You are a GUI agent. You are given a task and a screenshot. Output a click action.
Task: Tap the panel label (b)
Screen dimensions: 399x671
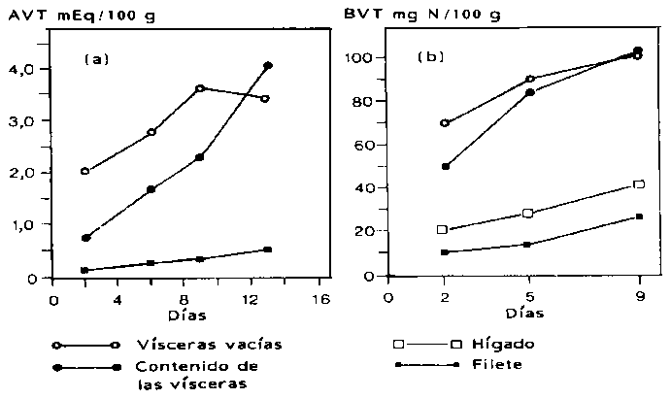coord(430,57)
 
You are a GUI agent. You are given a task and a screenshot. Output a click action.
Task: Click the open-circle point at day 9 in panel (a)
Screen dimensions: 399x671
coord(199,88)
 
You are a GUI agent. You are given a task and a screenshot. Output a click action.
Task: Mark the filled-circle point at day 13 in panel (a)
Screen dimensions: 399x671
coord(268,65)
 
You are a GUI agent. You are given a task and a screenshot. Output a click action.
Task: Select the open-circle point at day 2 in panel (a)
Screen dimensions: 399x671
coord(85,171)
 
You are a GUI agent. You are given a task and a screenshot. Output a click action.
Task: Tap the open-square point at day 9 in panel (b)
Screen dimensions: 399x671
coord(638,184)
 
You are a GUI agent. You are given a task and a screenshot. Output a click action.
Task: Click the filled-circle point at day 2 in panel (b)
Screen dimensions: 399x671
coord(446,166)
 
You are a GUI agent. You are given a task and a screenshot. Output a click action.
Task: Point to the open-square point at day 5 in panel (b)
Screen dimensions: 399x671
coord(528,214)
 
